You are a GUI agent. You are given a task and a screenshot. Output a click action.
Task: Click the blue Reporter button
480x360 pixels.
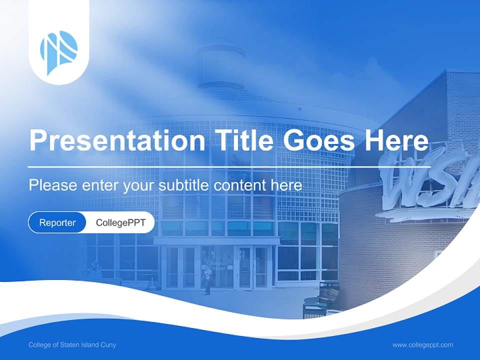(x=57, y=222)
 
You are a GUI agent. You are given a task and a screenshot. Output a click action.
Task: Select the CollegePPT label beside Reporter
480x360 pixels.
(x=120, y=222)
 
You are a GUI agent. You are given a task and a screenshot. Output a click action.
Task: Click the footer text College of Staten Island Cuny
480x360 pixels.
(x=72, y=345)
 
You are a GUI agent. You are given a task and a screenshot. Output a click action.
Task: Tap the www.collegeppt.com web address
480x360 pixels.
(x=422, y=345)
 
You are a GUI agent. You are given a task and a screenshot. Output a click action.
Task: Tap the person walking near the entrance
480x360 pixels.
(x=206, y=282)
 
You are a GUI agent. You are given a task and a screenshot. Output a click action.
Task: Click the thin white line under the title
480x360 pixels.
(x=228, y=166)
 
